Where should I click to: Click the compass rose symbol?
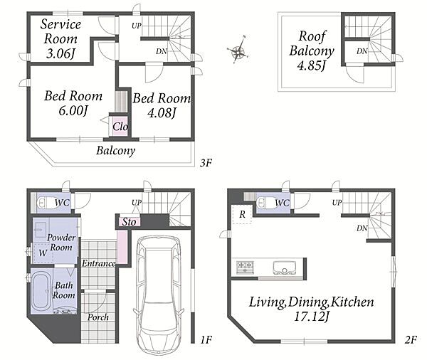click(x=238, y=50)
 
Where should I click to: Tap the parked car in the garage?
click(x=159, y=295)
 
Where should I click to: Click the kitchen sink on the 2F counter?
click(x=284, y=268)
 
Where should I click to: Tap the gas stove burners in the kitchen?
click(x=245, y=267)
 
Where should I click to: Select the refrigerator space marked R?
click(x=242, y=214)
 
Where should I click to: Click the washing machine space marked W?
click(x=43, y=253)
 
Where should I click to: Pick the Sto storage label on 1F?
click(x=129, y=222)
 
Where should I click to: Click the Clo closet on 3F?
click(x=120, y=127)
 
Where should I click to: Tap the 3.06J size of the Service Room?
click(x=60, y=53)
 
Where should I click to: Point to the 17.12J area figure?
click(x=312, y=316)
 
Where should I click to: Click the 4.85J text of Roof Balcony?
click(x=312, y=65)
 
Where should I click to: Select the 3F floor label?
click(x=206, y=163)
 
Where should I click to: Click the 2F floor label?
click(x=411, y=339)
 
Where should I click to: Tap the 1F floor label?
click(x=206, y=339)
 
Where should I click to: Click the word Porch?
click(x=98, y=317)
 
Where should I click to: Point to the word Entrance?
click(x=99, y=263)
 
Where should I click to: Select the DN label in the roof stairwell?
click(x=362, y=51)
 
